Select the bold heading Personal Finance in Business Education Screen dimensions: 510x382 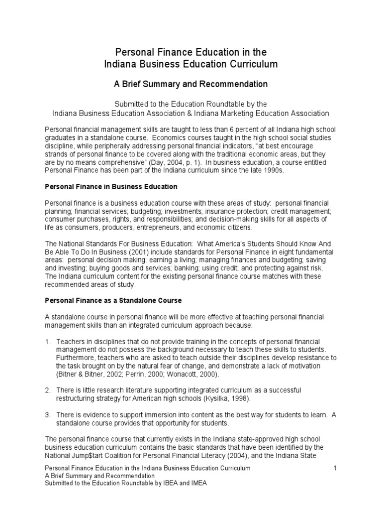111,187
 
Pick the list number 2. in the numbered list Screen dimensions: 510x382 48,390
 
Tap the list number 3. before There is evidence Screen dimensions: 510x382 48,414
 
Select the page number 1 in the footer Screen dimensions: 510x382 335,469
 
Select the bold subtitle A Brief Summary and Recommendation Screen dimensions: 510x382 191,84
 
